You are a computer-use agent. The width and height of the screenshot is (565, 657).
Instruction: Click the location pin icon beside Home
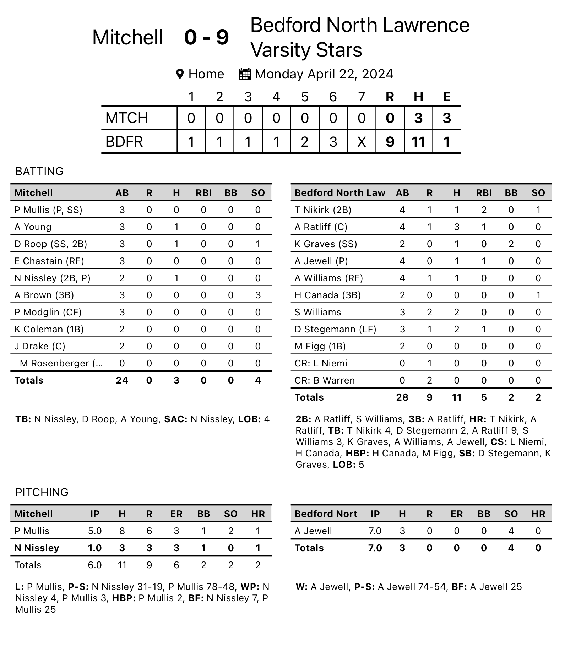click(x=180, y=74)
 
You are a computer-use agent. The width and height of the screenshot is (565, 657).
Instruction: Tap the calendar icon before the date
click(x=245, y=74)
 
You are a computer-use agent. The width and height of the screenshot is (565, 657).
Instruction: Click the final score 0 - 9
click(x=206, y=38)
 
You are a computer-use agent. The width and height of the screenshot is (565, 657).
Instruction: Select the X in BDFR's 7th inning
click(x=362, y=142)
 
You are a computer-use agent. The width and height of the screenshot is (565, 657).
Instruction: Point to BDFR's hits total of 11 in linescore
click(x=418, y=142)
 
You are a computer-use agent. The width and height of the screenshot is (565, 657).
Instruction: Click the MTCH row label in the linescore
click(x=127, y=118)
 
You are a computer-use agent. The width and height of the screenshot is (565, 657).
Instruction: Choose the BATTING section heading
click(x=39, y=171)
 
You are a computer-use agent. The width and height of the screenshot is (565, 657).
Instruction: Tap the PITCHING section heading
click(x=42, y=492)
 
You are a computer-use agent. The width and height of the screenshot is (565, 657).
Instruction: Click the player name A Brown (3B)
click(x=44, y=295)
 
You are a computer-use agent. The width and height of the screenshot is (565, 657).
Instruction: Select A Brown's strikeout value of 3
click(x=258, y=295)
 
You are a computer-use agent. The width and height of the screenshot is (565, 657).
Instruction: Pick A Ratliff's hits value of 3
click(x=457, y=227)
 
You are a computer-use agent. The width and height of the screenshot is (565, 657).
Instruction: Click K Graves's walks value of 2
click(x=511, y=244)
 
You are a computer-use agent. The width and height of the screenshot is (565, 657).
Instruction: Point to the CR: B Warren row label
click(x=325, y=380)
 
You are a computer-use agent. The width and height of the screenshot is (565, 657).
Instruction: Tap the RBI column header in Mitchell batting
click(x=203, y=193)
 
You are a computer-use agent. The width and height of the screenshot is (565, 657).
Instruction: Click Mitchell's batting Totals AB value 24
click(x=122, y=380)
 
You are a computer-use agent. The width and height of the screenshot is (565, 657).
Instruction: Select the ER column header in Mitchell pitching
click(x=176, y=514)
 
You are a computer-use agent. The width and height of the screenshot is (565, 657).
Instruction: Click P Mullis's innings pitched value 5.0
click(x=95, y=531)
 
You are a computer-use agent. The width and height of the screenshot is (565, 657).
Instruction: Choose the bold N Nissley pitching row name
click(x=37, y=548)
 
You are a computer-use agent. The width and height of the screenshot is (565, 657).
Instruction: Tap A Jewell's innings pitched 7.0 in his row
click(x=375, y=531)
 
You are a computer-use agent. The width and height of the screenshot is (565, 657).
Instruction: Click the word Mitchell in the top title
click(x=127, y=38)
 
